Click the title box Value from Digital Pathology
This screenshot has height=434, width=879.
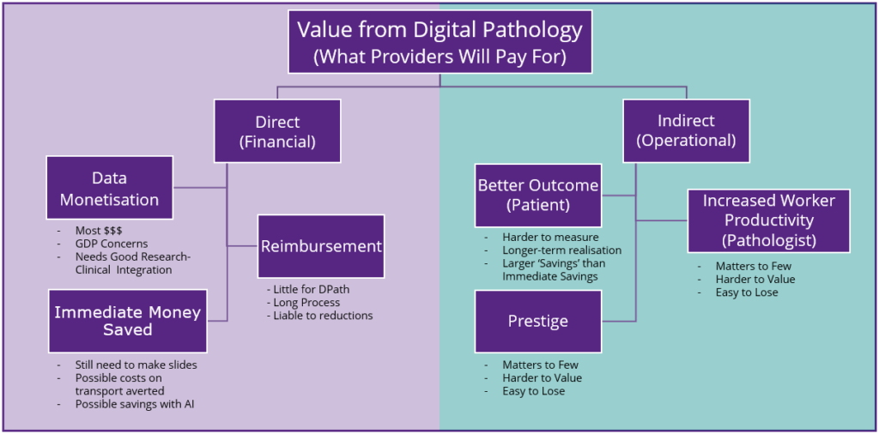(439, 42)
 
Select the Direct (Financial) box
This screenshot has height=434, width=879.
(276, 131)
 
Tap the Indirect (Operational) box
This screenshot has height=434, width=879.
(686, 131)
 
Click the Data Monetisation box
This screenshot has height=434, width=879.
(109, 188)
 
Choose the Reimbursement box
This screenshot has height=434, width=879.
(320, 246)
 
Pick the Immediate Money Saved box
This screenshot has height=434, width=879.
(127, 320)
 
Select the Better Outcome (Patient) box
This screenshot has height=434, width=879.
(538, 195)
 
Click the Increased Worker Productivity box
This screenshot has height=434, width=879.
(768, 220)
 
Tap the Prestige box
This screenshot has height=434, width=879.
(538, 321)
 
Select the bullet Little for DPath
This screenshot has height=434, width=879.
(312, 289)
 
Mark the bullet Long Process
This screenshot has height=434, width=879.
(308, 302)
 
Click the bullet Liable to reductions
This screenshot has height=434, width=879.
(324, 316)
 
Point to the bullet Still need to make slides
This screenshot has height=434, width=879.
(136, 365)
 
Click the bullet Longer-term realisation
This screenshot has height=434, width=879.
(561, 250)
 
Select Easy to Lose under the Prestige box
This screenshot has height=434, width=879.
(534, 391)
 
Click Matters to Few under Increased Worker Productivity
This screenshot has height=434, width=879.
(753, 266)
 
